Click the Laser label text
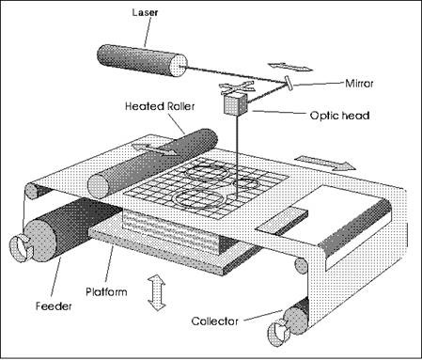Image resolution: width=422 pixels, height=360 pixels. (145, 12)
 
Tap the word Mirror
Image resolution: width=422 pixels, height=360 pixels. (359, 84)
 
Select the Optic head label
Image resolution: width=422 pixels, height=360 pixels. (339, 116)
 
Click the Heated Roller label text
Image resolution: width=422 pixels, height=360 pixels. (160, 106)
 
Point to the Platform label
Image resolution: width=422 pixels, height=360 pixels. (106, 291)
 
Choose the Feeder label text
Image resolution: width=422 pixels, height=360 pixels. (54, 305)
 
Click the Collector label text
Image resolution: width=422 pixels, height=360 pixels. (214, 321)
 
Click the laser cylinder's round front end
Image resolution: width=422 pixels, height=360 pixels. (179, 65)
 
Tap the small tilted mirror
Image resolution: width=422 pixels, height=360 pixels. (289, 83)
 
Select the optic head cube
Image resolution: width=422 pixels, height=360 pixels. (236, 102)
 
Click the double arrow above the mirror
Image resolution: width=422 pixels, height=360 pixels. (290, 67)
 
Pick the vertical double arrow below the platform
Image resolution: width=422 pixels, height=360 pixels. (156, 291)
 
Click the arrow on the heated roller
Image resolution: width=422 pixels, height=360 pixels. (156, 149)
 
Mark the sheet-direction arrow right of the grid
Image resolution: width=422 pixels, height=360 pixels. (325, 163)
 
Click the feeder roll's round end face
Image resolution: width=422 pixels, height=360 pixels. (40, 241)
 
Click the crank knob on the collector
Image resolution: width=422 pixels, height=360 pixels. (279, 333)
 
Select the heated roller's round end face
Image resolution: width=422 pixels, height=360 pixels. (99, 187)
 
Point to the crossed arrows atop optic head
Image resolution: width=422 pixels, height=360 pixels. (236, 87)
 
